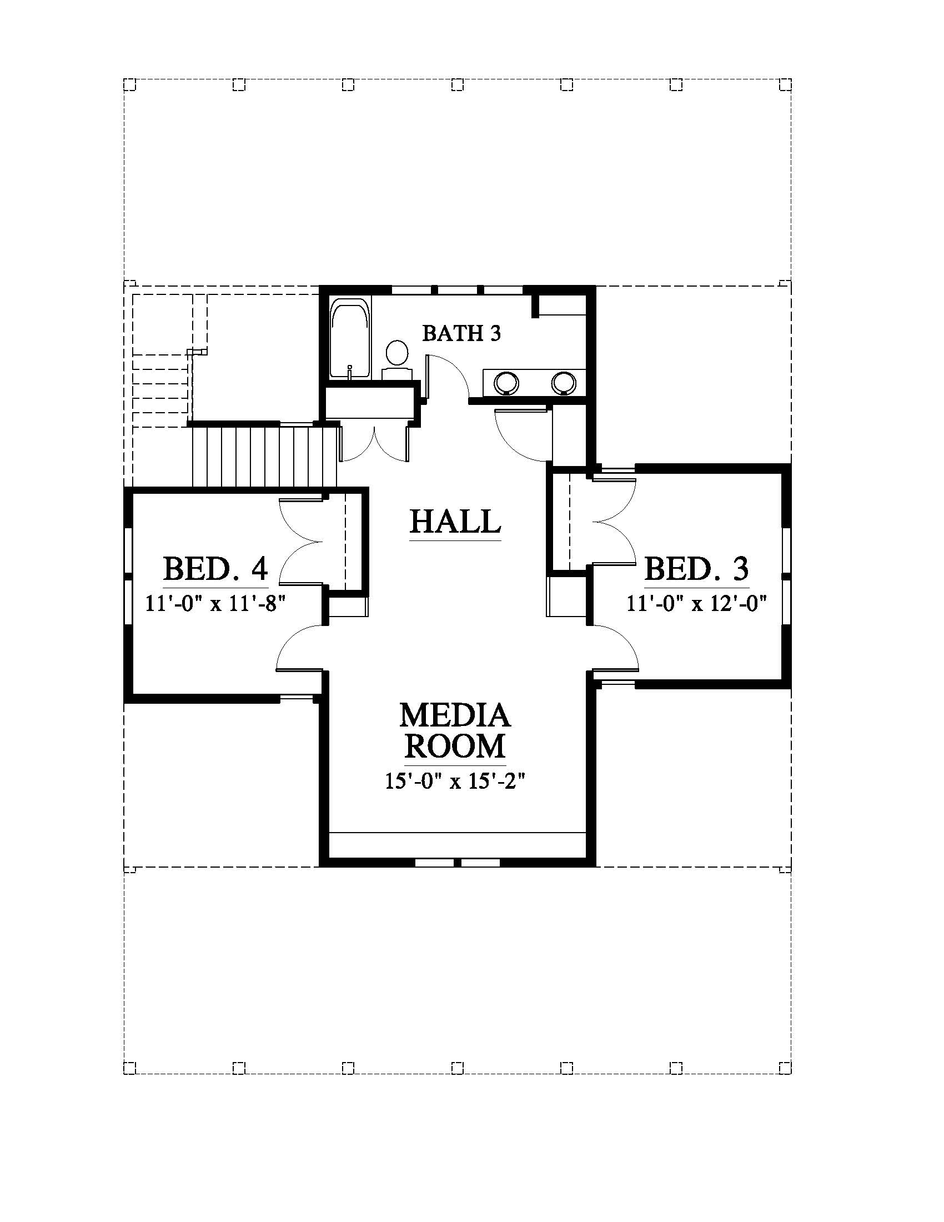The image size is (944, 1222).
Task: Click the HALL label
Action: (455, 522)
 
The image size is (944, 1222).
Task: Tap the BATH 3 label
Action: (461, 333)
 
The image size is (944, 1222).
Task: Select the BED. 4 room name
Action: (215, 568)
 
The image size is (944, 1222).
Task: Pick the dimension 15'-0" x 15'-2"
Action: (456, 780)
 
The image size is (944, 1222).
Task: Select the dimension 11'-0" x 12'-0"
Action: (696, 603)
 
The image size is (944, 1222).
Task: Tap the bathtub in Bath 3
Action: (349, 338)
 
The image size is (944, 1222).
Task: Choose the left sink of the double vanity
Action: (506, 383)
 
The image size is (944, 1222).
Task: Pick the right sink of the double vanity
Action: (563, 383)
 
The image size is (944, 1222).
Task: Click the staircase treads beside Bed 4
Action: (264, 457)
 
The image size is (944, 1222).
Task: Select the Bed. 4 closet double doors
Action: (300, 542)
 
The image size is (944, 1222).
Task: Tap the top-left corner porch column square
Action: (130, 84)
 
